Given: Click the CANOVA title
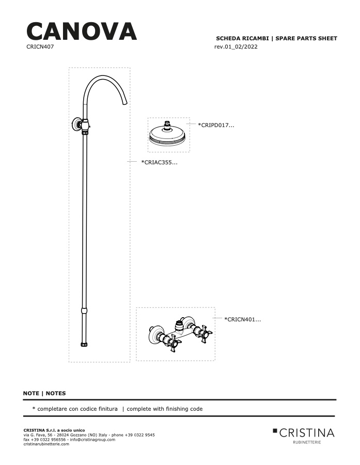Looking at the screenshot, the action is point(82,32).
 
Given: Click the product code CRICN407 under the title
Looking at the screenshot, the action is point(40,47).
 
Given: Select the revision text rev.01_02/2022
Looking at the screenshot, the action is point(236,47).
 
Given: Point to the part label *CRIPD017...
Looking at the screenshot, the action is point(216,125).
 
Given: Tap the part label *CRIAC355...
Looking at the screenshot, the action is point(159,162).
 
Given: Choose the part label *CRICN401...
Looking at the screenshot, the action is point(243,319).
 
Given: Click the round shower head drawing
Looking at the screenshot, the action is point(167,134).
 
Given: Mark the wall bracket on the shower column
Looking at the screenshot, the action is point(77,124).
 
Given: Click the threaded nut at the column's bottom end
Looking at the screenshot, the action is point(85,344).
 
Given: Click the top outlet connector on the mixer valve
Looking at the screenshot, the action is point(179,325).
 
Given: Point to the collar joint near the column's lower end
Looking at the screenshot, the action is point(85,311).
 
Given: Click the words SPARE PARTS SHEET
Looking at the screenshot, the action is point(306,38).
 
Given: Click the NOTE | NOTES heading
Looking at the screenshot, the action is point(44,393).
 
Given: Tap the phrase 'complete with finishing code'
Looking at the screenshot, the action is point(165,409).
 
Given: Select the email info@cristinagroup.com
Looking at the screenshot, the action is point(92,440).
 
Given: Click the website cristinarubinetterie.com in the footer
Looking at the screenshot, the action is point(46,444).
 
